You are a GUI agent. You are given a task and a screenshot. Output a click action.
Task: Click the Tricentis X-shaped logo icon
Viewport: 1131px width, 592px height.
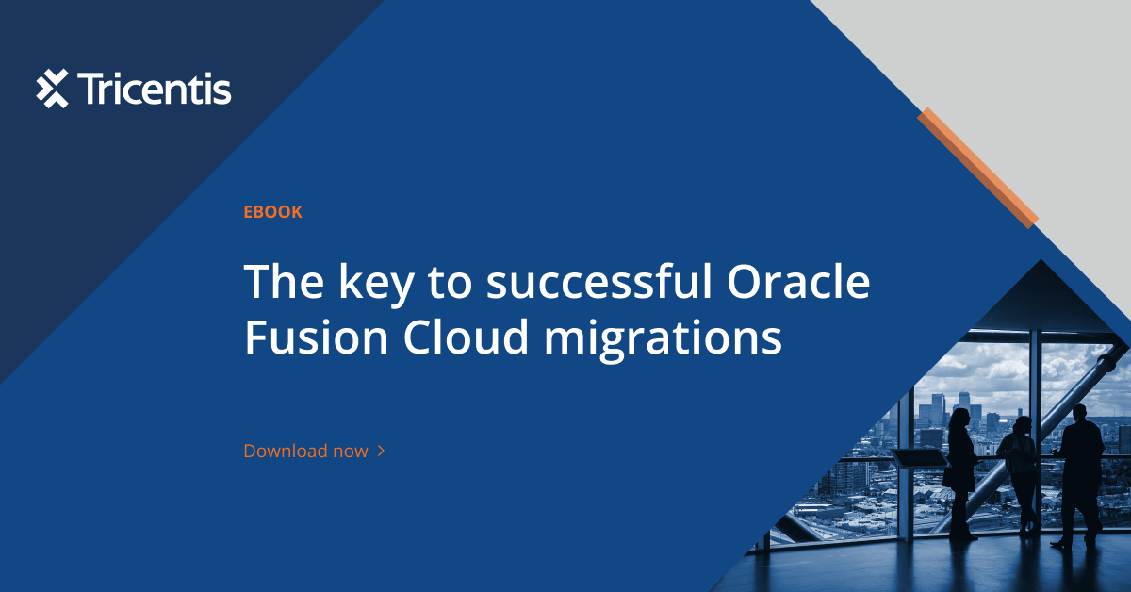(x=53, y=89)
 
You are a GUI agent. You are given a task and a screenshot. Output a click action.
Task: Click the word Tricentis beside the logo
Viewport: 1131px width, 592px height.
(x=155, y=90)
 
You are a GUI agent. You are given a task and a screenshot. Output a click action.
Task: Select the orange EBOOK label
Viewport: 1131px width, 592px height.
(x=272, y=212)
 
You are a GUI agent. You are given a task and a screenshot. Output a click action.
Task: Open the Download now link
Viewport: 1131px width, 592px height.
(x=305, y=451)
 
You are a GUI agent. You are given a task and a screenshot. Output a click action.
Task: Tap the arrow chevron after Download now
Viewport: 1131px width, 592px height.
(x=381, y=451)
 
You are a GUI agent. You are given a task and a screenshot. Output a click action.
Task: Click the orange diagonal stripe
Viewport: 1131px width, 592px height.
(x=977, y=167)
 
